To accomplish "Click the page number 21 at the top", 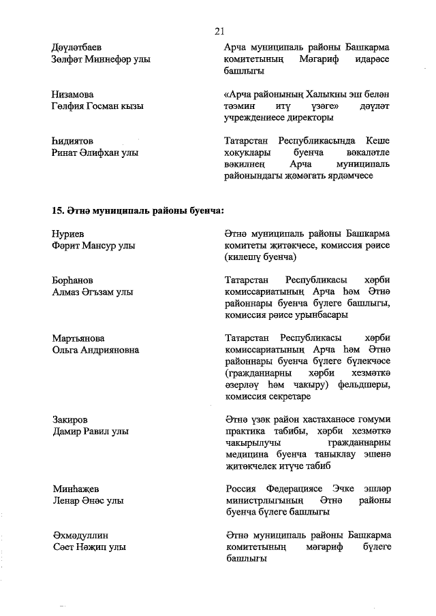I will pos(219,31).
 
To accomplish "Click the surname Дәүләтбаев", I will pos(77,48).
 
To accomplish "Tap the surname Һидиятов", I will pos(74,141).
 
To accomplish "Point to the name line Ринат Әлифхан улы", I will pos(95,152).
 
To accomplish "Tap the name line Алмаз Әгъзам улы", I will pos(96,292).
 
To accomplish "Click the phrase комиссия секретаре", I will pos(267,397).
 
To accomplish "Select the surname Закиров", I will pos(70,420).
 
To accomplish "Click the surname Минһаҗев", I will pos(76,489).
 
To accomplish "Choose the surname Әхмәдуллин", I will pos(80,536).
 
